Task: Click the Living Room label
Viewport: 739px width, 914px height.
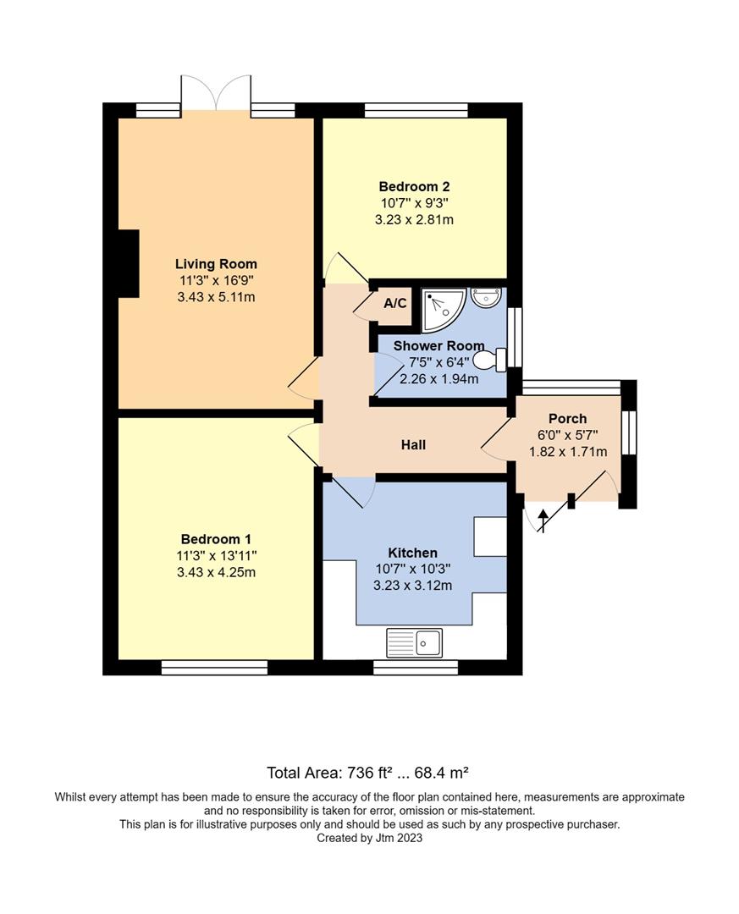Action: [216, 264]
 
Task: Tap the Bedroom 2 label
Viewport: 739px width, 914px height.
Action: [413, 187]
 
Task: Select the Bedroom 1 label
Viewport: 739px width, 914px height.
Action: [216, 539]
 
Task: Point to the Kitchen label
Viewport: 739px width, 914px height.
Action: [412, 553]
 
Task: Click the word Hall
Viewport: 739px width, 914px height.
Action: [413, 444]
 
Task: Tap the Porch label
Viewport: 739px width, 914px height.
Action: [567, 419]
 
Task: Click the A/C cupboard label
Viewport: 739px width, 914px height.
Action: [394, 304]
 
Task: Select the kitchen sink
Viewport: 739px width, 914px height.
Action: [414, 642]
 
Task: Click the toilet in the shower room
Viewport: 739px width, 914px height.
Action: [490, 361]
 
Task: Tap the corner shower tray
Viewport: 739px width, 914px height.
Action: [441, 310]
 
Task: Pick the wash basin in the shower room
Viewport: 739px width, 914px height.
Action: [487, 296]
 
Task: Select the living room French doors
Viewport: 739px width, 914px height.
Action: [215, 93]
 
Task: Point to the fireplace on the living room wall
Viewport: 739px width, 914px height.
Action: [128, 263]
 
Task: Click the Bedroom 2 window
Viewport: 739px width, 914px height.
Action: [416, 109]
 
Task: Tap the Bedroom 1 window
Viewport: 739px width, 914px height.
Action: [214, 668]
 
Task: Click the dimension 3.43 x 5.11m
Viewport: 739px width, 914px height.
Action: [216, 297]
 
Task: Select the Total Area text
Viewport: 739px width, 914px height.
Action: [367, 772]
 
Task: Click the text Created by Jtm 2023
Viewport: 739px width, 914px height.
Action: [369, 838]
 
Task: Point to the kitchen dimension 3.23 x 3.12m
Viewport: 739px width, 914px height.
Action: [413, 586]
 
